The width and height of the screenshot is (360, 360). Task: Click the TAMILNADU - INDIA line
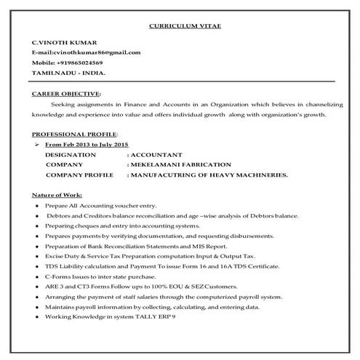point(68,73)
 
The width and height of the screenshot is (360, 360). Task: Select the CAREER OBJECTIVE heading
point(66,94)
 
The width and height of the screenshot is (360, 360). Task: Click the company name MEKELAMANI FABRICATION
point(180,165)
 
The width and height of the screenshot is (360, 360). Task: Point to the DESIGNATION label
point(70,155)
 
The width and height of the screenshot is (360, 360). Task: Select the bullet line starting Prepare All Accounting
point(89,207)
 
